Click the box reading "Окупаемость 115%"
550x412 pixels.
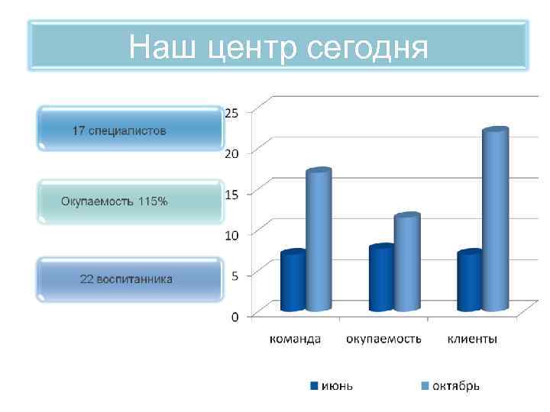(129, 201)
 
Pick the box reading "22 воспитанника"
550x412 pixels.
(129, 278)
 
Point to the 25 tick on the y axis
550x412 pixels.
(231, 112)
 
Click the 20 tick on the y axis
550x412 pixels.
(231, 153)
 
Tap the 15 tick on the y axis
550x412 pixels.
(231, 194)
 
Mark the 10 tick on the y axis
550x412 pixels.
(231, 234)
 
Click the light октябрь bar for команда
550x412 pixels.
(319, 240)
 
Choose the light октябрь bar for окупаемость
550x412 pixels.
(407, 262)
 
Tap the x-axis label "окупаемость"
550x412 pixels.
(383, 339)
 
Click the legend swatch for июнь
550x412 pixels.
(314, 385)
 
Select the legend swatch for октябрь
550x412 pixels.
(425, 385)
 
